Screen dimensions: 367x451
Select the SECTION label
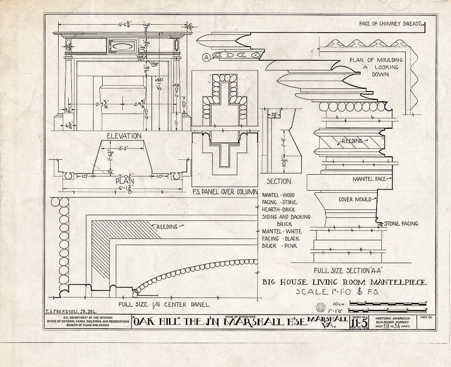pos(279,181)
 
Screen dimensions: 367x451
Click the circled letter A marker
pos(206,57)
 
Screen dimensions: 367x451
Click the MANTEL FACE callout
pos(369,179)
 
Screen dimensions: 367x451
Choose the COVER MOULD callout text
pos(355,199)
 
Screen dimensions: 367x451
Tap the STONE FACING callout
pos(401,224)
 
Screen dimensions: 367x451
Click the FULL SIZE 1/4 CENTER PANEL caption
pos(163,304)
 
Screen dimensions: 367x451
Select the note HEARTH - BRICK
pos(279,209)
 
